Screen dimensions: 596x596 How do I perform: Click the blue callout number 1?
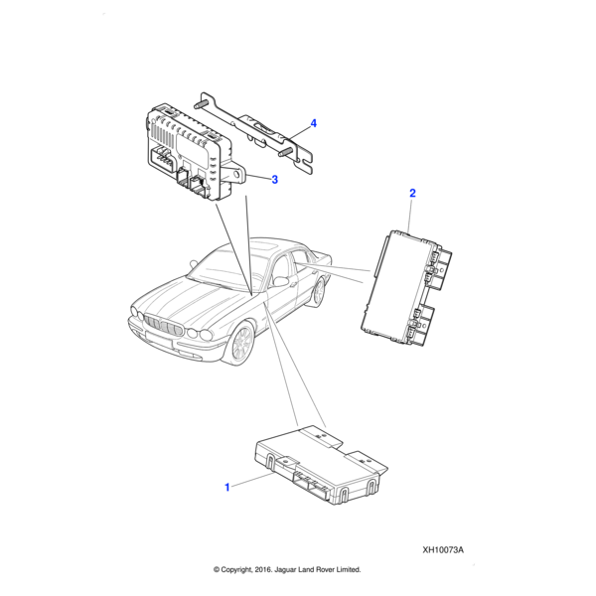[227, 487]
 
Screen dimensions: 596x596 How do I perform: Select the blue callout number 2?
[412, 193]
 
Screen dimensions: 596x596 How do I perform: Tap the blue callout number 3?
[275, 180]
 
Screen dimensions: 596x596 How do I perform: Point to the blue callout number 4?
[314, 123]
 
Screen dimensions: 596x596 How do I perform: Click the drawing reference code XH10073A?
[443, 550]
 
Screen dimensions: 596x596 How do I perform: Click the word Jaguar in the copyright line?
[285, 570]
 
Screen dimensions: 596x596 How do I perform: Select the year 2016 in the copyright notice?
[263, 570]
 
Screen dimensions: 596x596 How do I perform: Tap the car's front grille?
[165, 327]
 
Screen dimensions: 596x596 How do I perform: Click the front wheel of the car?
[239, 342]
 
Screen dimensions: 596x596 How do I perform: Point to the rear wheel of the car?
[320, 291]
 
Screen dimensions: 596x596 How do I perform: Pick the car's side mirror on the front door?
[281, 282]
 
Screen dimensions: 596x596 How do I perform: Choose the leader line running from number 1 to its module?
[252, 480]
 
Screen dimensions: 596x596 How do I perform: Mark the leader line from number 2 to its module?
[409, 215]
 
